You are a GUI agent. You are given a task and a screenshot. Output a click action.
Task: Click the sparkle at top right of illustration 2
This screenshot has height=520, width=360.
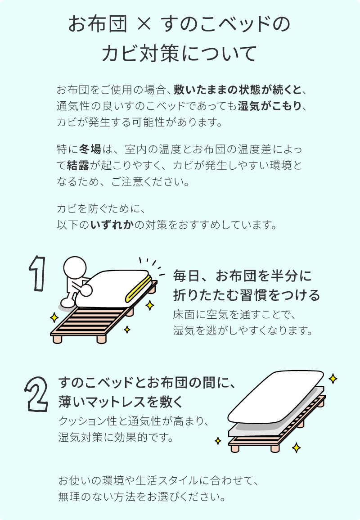click(x=333, y=378)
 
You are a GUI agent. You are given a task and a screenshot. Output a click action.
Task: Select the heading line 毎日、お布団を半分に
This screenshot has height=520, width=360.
click(x=242, y=276)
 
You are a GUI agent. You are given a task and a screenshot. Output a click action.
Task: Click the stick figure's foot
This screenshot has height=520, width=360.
click(x=67, y=302)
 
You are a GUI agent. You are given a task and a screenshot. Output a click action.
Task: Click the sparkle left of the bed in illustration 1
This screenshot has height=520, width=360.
click(x=54, y=318)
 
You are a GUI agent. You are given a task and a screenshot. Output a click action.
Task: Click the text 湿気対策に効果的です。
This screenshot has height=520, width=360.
click(x=116, y=437)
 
